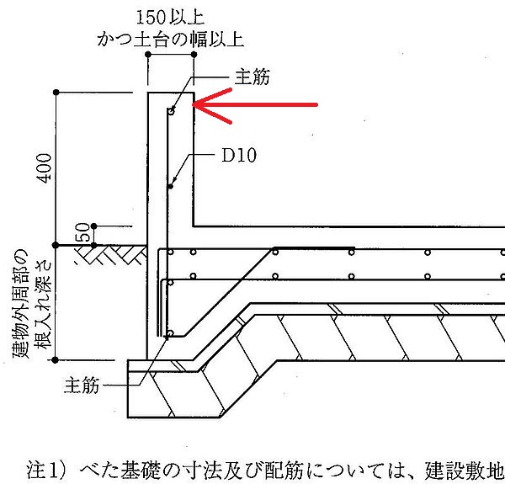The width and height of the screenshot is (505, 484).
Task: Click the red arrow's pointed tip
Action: [x=193, y=104]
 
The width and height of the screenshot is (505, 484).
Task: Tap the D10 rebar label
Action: [x=239, y=155]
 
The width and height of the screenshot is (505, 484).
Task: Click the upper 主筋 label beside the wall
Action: [x=252, y=77]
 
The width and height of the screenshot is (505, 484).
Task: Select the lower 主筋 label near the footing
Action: [x=82, y=386]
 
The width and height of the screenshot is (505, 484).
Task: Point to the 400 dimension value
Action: [x=45, y=168]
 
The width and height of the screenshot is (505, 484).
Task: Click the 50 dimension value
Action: [x=82, y=231]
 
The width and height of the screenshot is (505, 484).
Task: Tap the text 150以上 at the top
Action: [x=170, y=18]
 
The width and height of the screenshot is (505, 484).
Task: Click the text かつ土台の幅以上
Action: [x=170, y=40]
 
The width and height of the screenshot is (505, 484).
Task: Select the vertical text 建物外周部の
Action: [x=20, y=304]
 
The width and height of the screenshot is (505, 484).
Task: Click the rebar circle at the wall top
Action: [x=172, y=111]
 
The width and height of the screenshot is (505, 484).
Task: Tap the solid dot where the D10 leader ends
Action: [x=171, y=187]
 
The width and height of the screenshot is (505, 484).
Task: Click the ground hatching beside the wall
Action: [x=111, y=255]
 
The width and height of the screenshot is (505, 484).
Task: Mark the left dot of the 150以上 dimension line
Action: [x=148, y=55]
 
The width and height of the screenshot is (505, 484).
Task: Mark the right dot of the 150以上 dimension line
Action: [x=194, y=55]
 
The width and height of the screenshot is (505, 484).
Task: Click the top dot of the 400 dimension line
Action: [x=56, y=93]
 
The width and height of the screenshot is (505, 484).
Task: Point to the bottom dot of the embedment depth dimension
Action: [x=56, y=359]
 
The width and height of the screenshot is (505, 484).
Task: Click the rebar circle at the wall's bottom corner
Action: [x=171, y=333]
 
